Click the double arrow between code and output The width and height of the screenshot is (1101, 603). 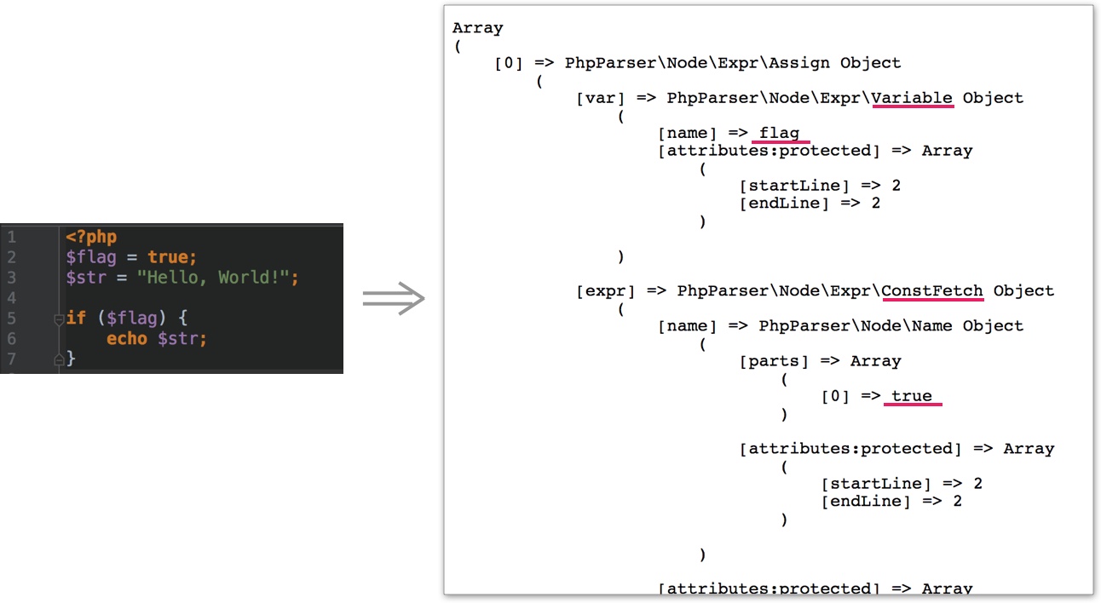[394, 299]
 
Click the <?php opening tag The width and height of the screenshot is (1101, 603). [91, 237]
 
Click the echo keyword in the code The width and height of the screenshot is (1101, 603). [127, 338]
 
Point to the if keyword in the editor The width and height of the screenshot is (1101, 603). [76, 318]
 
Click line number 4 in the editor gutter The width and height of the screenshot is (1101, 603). [11, 298]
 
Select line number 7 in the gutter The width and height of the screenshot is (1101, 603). [11, 359]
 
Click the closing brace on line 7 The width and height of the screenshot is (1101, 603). [71, 359]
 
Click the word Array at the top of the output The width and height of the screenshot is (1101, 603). [477, 28]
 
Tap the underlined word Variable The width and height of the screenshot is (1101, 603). [912, 98]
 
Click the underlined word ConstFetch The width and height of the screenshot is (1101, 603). [932, 291]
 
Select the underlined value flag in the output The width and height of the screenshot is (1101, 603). [780, 133]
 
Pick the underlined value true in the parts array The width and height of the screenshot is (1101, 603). [912, 396]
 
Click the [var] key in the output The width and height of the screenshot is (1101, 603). [600, 98]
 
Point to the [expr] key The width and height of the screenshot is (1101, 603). [605, 291]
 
